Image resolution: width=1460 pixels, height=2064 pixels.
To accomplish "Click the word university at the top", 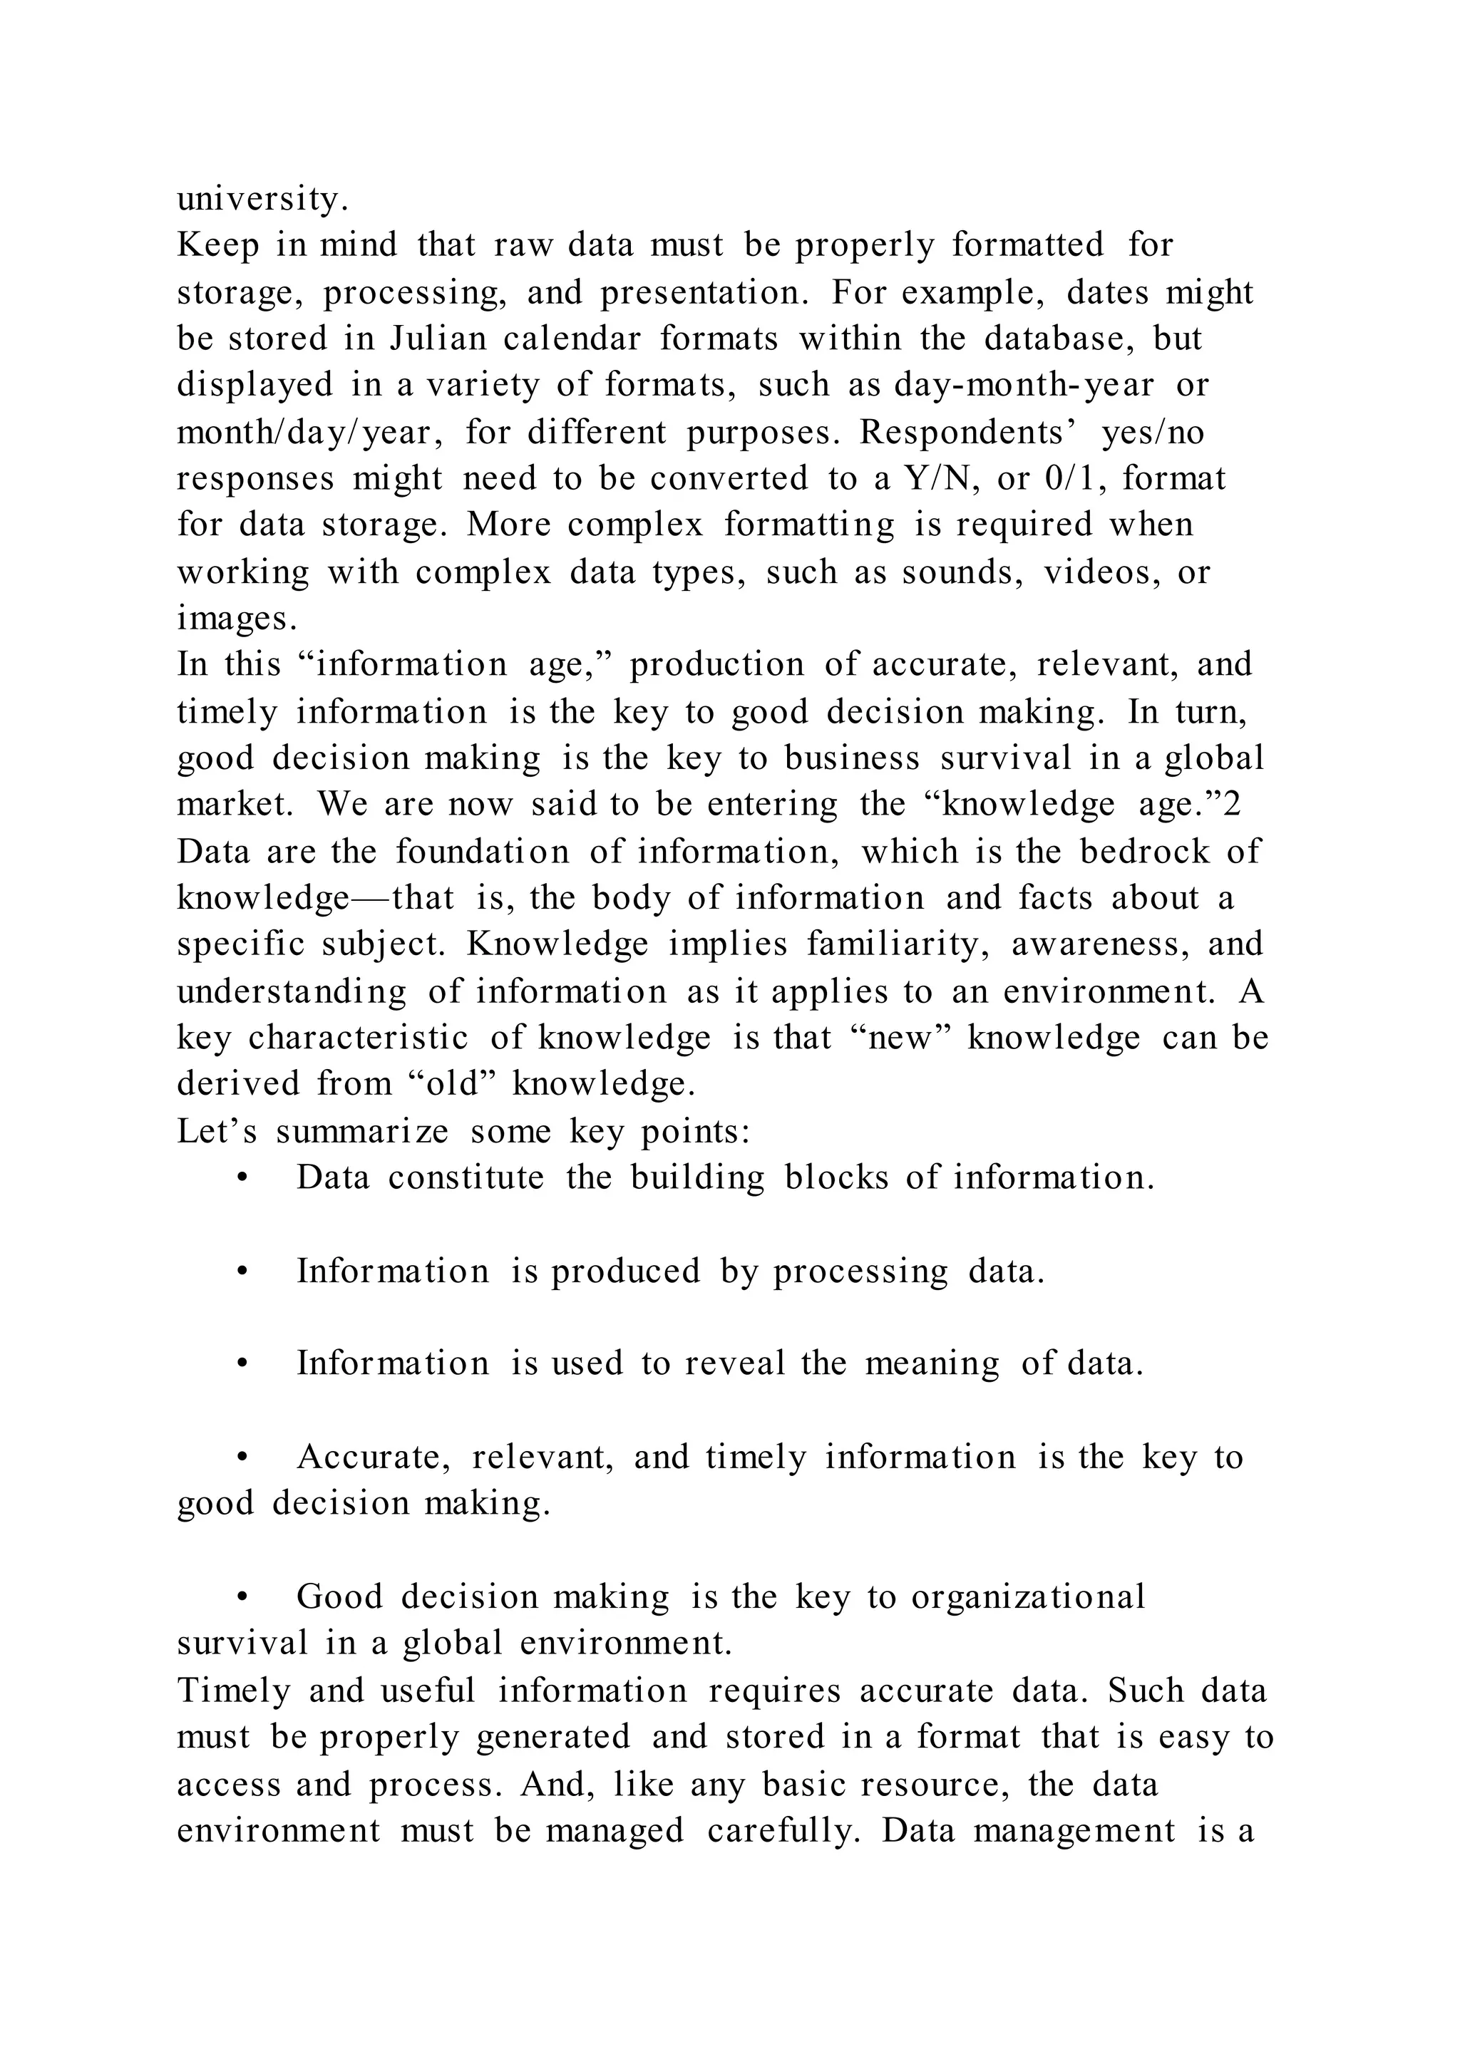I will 261,199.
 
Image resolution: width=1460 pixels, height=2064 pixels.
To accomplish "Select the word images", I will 235,619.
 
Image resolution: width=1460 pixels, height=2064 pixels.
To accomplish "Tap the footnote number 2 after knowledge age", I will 1232,805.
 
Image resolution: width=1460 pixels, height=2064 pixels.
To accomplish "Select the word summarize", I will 361,1131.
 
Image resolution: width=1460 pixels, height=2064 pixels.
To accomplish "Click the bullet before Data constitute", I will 242,1179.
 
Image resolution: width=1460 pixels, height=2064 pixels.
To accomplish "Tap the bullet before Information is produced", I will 242,1272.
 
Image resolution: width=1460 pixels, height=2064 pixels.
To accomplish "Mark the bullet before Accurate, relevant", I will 242,1458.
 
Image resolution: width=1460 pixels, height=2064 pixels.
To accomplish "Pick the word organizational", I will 1029,1597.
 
